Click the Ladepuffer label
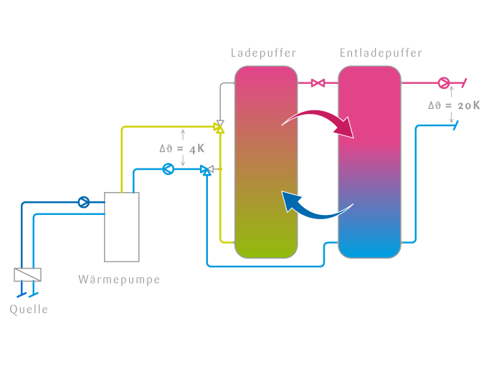pyautogui.click(x=263, y=53)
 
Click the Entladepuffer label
pyautogui.click(x=381, y=53)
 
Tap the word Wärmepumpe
pyautogui.click(x=119, y=279)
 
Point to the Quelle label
pyautogui.click(x=29, y=310)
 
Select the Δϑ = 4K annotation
pyautogui.click(x=182, y=149)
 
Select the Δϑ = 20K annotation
pyautogui.click(x=454, y=105)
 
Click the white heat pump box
pyautogui.click(x=122, y=226)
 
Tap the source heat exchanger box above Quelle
pyautogui.click(x=27, y=274)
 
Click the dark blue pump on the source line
pyautogui.click(x=84, y=202)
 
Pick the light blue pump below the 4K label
pyautogui.click(x=168, y=170)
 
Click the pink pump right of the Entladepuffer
pyautogui.click(x=443, y=83)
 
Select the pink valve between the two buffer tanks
pyautogui.click(x=318, y=83)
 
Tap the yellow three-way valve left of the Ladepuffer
pyautogui.click(x=219, y=128)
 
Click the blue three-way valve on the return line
pyautogui.click(x=206, y=170)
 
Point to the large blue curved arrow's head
pyautogui.click(x=290, y=201)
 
